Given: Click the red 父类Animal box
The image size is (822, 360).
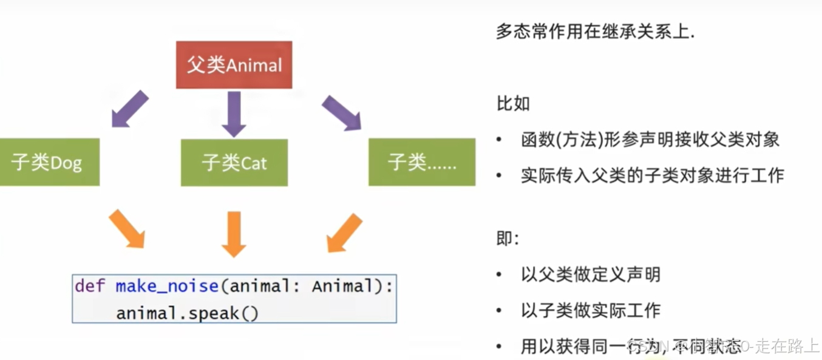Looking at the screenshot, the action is click(234, 65).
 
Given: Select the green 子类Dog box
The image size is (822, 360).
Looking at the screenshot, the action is click(49, 162).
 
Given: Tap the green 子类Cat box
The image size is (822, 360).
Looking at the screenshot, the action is click(234, 162).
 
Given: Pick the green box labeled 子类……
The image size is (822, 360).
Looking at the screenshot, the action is click(421, 162).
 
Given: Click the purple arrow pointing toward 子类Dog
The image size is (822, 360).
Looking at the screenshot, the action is click(130, 109).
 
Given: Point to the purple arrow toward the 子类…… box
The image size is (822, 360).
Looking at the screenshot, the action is click(341, 112).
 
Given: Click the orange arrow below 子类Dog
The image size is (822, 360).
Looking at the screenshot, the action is click(127, 229).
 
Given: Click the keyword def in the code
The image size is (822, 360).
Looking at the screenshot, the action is click(90, 286).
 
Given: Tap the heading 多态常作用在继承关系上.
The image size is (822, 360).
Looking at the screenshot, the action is click(595, 32).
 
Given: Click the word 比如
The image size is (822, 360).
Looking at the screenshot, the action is click(513, 103).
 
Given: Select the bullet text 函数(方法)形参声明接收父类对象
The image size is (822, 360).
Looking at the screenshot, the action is click(650, 140).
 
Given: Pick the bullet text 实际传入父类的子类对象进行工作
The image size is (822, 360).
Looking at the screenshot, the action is click(652, 175).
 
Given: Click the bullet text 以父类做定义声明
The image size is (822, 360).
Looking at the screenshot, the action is click(590, 274).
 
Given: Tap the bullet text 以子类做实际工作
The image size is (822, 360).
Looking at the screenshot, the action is click(590, 310).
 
